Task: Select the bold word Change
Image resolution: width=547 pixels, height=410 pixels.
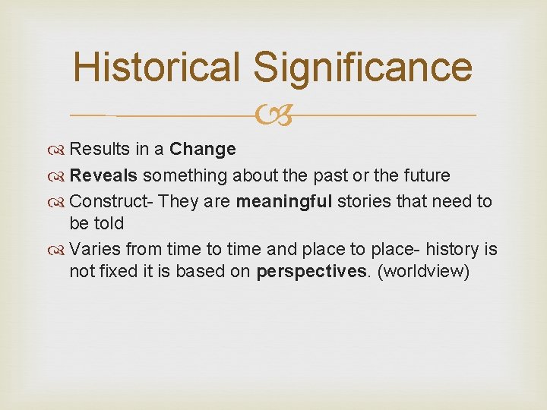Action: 203,149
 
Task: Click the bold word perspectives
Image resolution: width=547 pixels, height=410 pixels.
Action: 311,272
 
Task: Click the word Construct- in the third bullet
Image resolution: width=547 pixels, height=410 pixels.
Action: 112,202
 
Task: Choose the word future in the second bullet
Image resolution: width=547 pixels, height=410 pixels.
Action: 422,175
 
